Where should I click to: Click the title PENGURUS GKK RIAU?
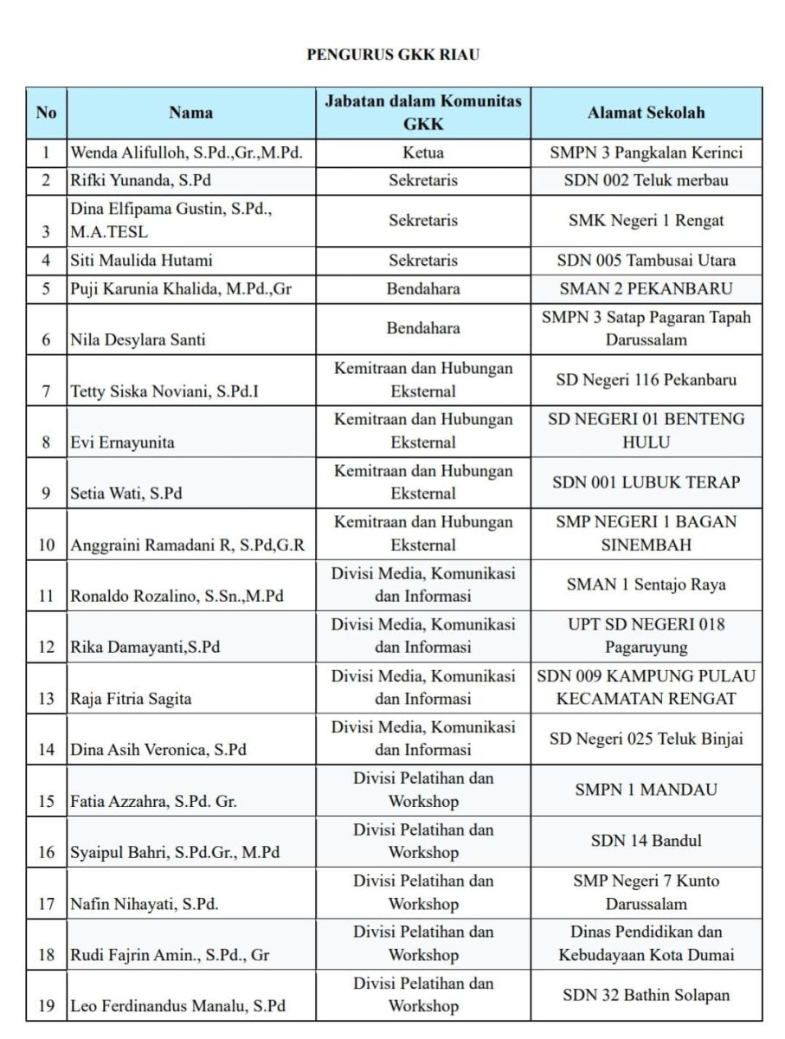(x=393, y=55)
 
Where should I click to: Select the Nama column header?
(x=190, y=113)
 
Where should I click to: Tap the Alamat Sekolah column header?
(x=646, y=113)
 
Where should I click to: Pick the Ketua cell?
(x=423, y=153)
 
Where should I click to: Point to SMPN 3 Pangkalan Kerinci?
(x=646, y=153)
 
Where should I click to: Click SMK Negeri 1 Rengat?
(x=646, y=220)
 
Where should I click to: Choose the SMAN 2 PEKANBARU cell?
(x=646, y=288)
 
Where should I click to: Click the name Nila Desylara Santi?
(x=138, y=339)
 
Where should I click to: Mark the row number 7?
(x=46, y=391)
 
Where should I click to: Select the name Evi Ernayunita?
(x=122, y=442)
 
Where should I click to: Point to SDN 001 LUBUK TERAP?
(x=646, y=482)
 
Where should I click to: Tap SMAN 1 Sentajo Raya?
(x=646, y=584)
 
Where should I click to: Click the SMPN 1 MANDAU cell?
(x=646, y=790)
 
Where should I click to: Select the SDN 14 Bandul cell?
(x=646, y=841)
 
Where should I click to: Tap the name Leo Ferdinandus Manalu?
(x=177, y=1006)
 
